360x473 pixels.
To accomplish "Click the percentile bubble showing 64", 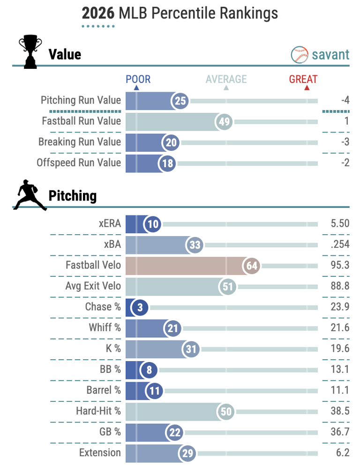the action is click(251, 266).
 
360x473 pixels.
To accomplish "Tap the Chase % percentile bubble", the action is click(140, 307).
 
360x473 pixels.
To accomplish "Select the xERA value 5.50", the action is click(340, 223).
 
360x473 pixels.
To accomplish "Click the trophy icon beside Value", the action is click(30, 52).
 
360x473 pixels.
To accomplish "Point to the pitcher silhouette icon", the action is click(30, 195).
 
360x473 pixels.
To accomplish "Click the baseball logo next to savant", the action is click(299, 55).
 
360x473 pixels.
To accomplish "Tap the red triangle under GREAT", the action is click(307, 88).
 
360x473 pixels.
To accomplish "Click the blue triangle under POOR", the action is click(136, 88).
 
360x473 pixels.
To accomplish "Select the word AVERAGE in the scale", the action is click(226, 79).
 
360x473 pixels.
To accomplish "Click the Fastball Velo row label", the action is click(93, 265).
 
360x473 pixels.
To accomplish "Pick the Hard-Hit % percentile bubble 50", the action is click(226, 412).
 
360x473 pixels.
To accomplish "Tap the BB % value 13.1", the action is click(340, 369).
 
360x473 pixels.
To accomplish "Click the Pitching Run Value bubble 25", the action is click(180, 101).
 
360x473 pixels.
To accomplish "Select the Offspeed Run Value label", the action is click(79, 163).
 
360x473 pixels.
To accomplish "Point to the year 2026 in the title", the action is click(98, 13).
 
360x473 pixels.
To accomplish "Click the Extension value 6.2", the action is click(343, 452).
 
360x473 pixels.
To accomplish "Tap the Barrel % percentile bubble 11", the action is click(154, 391).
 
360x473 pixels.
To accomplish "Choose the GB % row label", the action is click(110, 432).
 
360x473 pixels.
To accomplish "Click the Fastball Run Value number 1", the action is click(347, 121).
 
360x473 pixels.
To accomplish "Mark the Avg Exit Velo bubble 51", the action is click(227, 287).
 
